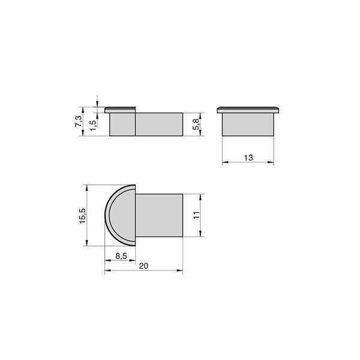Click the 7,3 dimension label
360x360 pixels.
[x=78, y=121]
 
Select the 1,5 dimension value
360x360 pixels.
[x=93, y=125]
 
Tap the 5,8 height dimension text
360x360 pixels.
[x=196, y=124]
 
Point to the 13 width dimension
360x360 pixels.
[x=248, y=158]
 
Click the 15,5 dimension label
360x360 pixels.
[x=82, y=216]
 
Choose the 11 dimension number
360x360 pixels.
[x=196, y=215]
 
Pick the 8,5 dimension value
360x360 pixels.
[x=121, y=256]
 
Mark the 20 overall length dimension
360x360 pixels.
[x=143, y=266]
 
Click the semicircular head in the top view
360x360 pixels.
[x=121, y=215]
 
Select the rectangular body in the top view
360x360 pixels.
[x=159, y=215]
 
